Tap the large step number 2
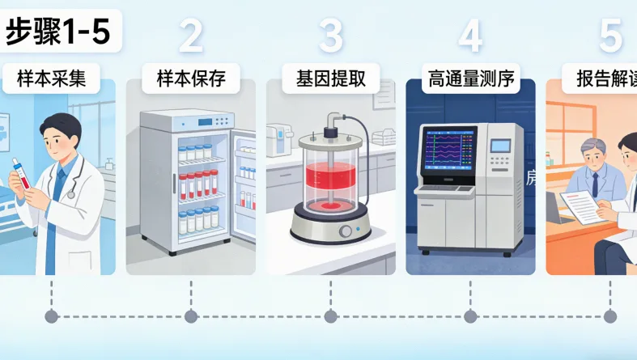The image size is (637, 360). pyautogui.click(x=191, y=36)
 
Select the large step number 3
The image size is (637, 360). pyautogui.click(x=330, y=36)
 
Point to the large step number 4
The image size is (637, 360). pyautogui.click(x=470, y=36)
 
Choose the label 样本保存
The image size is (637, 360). pyautogui.click(x=190, y=79)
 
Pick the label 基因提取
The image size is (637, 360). pyautogui.click(x=329, y=79)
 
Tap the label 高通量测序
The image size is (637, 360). pyautogui.click(x=469, y=79)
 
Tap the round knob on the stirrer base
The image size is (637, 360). pyautogui.click(x=346, y=231)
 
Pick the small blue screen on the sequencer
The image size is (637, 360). pyautogui.click(x=501, y=146)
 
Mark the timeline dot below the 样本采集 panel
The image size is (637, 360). pyautogui.click(x=52, y=316)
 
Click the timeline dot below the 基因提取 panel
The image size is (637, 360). pyautogui.click(x=329, y=316)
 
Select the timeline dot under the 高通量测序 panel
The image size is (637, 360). pyautogui.click(x=469, y=316)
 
